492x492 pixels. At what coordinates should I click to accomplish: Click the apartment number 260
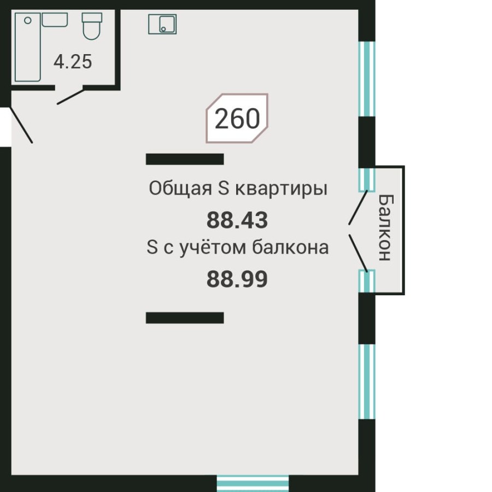237,119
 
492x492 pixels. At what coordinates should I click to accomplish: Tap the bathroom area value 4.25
73,62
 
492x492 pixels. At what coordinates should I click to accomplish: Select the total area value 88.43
237,221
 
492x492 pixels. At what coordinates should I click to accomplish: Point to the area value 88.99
237,279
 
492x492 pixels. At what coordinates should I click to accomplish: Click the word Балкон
385,227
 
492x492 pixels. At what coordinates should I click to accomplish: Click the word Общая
180,189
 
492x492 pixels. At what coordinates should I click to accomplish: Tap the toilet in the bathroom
91,26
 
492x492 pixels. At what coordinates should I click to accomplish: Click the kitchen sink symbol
162,24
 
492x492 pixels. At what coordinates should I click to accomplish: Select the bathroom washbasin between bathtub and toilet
55,20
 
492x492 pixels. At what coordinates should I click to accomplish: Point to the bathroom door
69,97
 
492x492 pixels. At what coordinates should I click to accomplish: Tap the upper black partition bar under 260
185,159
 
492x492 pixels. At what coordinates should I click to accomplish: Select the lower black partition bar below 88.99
185,318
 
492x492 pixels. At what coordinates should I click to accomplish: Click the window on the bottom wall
253,483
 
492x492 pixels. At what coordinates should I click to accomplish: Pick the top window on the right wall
367,79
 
